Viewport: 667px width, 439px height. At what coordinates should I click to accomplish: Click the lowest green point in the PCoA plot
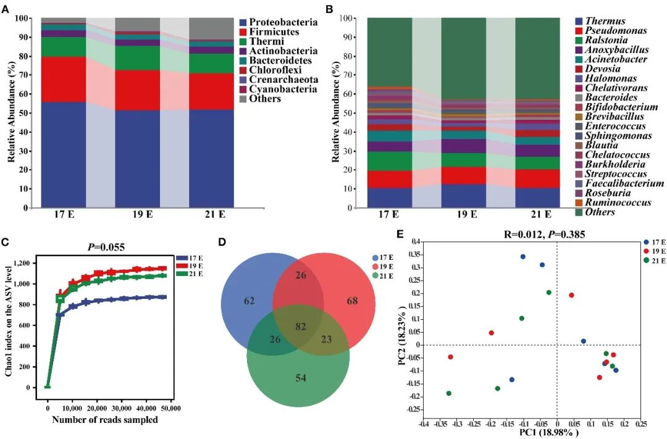click(x=448, y=393)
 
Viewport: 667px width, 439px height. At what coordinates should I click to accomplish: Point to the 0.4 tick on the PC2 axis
click(x=415, y=241)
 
